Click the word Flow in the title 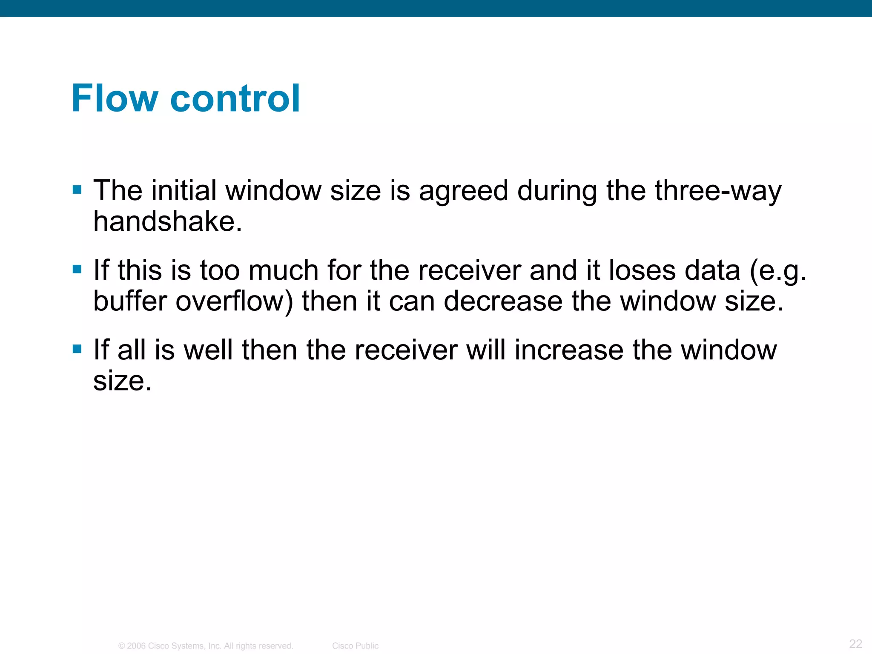[x=115, y=98]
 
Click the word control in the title [x=235, y=98]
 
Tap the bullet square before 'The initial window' [x=77, y=189]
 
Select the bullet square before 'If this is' [x=77, y=269]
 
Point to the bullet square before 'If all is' [x=77, y=349]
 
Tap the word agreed [x=463, y=192]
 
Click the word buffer [x=130, y=301]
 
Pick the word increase [x=568, y=350]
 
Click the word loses [x=642, y=270]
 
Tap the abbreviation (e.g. [x=777, y=271]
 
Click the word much [x=283, y=270]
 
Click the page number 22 [x=855, y=643]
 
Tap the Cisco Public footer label [x=355, y=646]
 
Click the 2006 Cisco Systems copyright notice [x=206, y=646]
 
